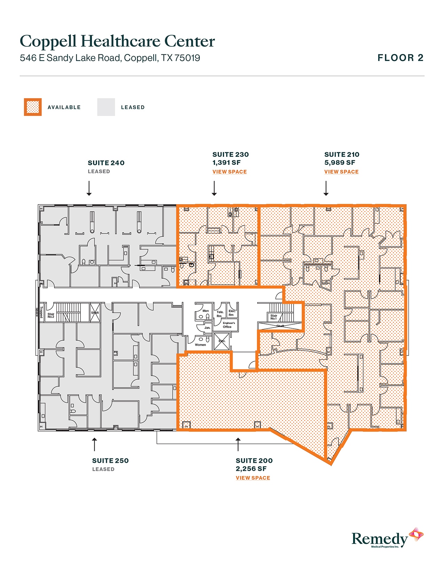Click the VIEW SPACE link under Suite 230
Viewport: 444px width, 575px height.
tap(229, 172)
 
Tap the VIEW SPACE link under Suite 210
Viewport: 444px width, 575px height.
tap(341, 172)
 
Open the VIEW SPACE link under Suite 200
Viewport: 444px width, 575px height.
tap(253, 478)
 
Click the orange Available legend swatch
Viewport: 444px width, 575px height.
tap(33, 107)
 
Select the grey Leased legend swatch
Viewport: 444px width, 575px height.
tap(106, 107)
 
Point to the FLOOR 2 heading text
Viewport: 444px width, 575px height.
tap(400, 58)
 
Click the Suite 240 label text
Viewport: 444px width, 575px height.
tap(106, 163)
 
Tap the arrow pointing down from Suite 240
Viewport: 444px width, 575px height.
tap(89, 188)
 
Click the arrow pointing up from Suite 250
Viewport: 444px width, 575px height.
tap(94, 444)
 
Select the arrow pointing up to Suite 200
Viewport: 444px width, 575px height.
tap(238, 444)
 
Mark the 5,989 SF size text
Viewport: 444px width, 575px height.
tap(340, 163)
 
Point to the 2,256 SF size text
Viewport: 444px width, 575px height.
tap(251, 469)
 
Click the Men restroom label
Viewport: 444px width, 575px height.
tap(205, 311)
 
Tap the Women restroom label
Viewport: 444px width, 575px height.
tap(200, 345)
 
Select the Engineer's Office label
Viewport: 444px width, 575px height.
tap(229, 325)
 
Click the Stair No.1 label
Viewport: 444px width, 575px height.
tap(274, 317)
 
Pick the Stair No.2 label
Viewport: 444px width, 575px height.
tap(51, 315)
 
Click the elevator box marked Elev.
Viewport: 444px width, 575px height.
tap(221, 341)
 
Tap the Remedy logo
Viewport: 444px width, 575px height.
tap(387, 538)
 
